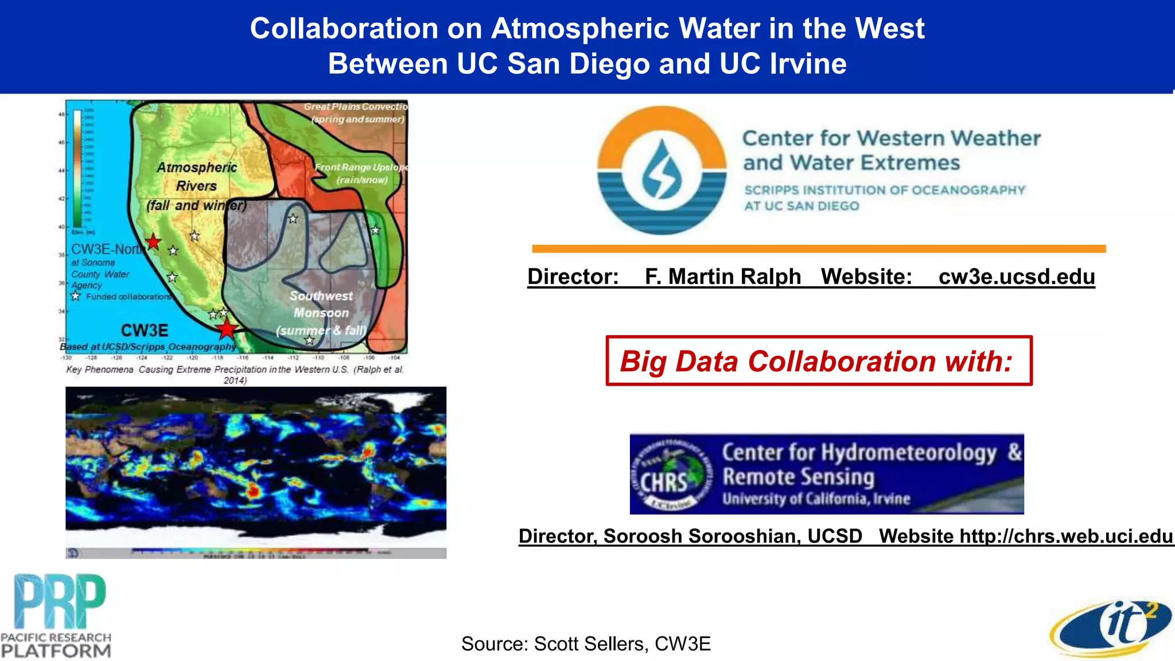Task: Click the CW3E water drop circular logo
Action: click(662, 170)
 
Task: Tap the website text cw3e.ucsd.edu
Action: click(1016, 277)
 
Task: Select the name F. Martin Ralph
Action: click(722, 277)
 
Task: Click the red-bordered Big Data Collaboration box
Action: click(819, 361)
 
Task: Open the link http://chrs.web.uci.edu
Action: click(1066, 536)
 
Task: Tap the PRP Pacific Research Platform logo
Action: click(56, 615)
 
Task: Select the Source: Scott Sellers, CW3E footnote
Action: click(586, 644)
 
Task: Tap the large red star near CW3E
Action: click(227, 329)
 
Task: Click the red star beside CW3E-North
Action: click(153, 242)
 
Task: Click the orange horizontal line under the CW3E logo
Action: click(819, 249)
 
